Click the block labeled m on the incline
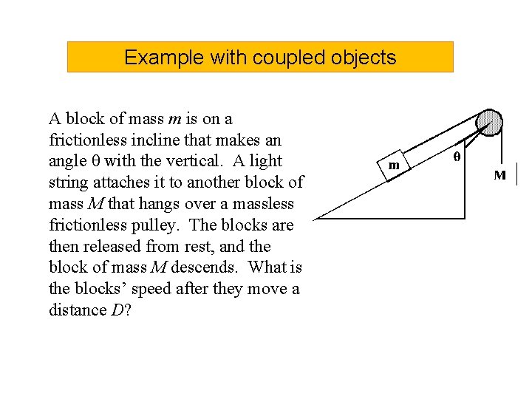click(394, 164)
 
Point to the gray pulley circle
click(488, 122)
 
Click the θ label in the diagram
click(456, 157)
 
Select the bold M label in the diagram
click(500, 175)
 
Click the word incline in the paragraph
click(152, 140)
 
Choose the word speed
click(148, 289)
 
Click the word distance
click(77, 310)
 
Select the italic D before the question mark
click(117, 310)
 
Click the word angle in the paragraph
click(66, 161)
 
